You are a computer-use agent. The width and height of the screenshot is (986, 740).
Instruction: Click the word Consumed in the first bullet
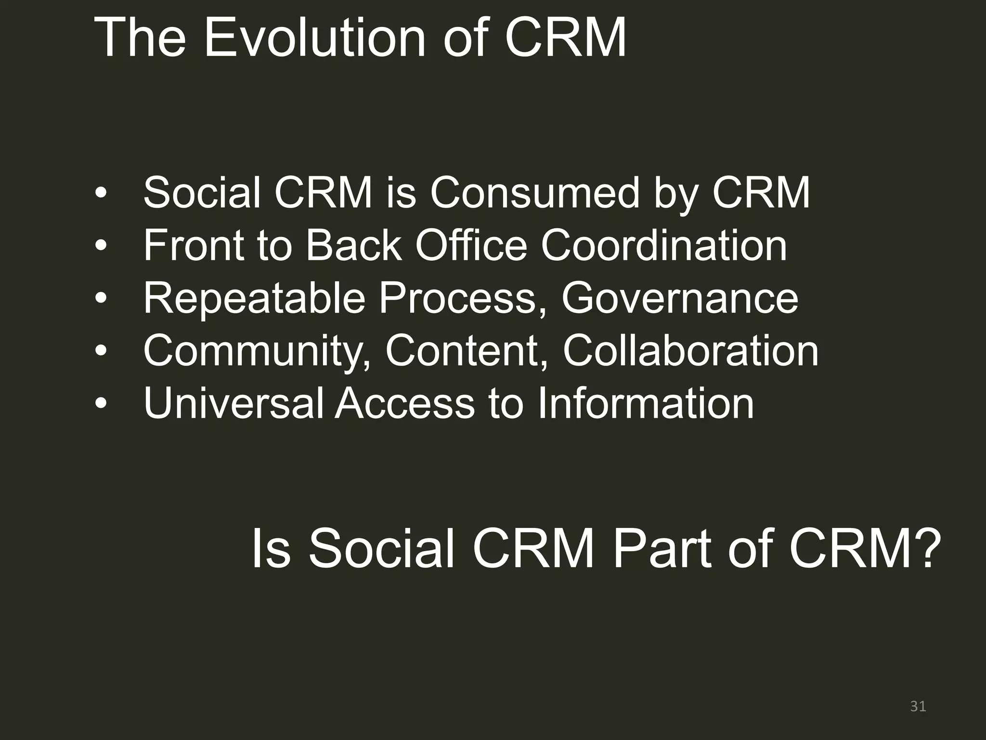coord(534,193)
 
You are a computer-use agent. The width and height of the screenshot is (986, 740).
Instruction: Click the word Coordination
coord(664,246)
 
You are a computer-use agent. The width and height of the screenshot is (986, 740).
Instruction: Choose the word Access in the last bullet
coord(404,403)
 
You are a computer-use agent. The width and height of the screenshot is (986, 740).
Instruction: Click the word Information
coord(645,403)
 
